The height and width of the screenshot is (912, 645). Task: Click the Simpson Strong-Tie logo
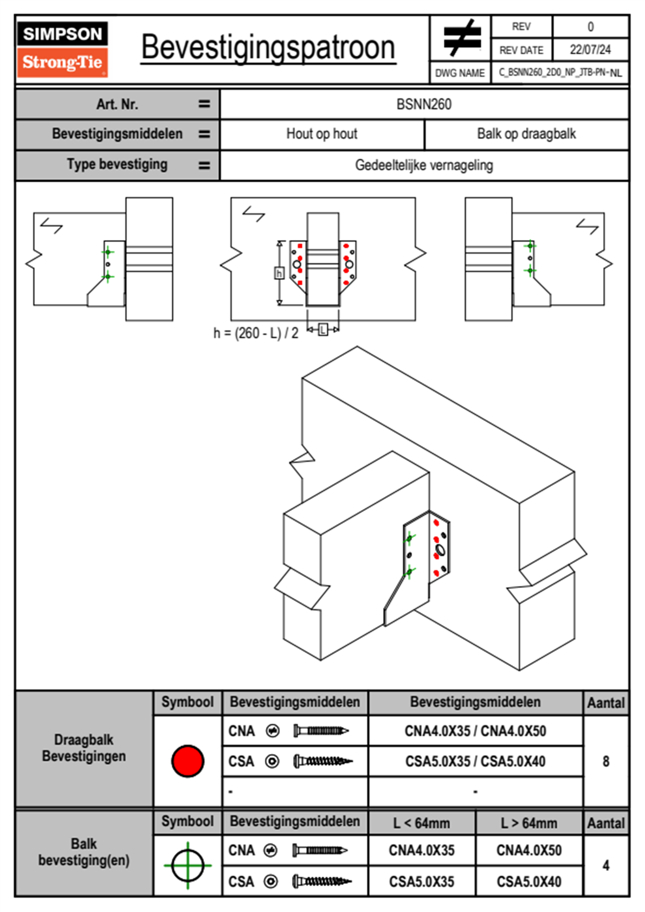coord(62,49)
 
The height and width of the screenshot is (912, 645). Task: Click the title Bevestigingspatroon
coord(268,48)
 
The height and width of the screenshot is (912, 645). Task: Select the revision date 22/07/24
coord(590,50)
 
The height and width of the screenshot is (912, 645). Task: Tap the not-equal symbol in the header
coord(461,38)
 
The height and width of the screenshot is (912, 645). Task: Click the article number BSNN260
coord(424,104)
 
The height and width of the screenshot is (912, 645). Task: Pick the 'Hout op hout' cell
coord(322,134)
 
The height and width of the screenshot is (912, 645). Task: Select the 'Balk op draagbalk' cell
coord(526,134)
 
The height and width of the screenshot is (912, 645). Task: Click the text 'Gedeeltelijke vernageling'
coord(424,165)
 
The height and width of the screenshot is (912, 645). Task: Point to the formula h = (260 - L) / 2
coord(256,333)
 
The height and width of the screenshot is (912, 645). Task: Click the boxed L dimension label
coord(323,330)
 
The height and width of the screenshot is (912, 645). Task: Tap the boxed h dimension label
coord(279,273)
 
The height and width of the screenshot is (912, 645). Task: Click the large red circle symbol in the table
coord(188,761)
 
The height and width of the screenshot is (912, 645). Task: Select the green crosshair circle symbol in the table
coord(188,865)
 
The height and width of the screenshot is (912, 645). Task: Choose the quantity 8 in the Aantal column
coord(606,761)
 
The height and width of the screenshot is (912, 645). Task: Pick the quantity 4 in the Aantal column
coord(606,865)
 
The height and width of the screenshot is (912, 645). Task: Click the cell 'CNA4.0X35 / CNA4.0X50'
coord(475,731)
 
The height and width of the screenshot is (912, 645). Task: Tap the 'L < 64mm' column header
coord(422,823)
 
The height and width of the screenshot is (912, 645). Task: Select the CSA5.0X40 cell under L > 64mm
coord(529,882)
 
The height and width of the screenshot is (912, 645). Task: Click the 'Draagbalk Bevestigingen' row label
coord(84,748)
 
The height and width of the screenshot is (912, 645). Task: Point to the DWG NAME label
coord(460,73)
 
